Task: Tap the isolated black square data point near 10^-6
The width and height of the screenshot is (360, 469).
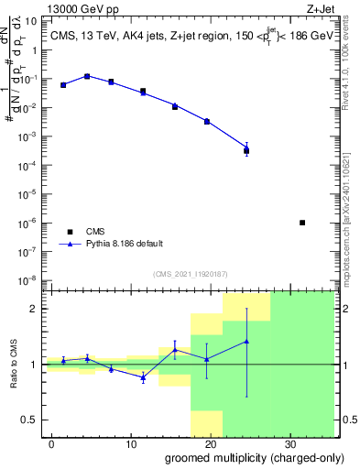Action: (x=302, y=223)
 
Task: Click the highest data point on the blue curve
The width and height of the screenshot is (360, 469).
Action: (x=86, y=76)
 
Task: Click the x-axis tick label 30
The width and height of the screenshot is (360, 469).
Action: (x=289, y=444)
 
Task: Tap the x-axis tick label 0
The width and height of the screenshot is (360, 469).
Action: (x=53, y=444)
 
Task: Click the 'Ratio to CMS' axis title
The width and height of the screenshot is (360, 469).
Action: (x=13, y=365)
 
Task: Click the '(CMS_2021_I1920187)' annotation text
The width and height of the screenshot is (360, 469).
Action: (x=190, y=273)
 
